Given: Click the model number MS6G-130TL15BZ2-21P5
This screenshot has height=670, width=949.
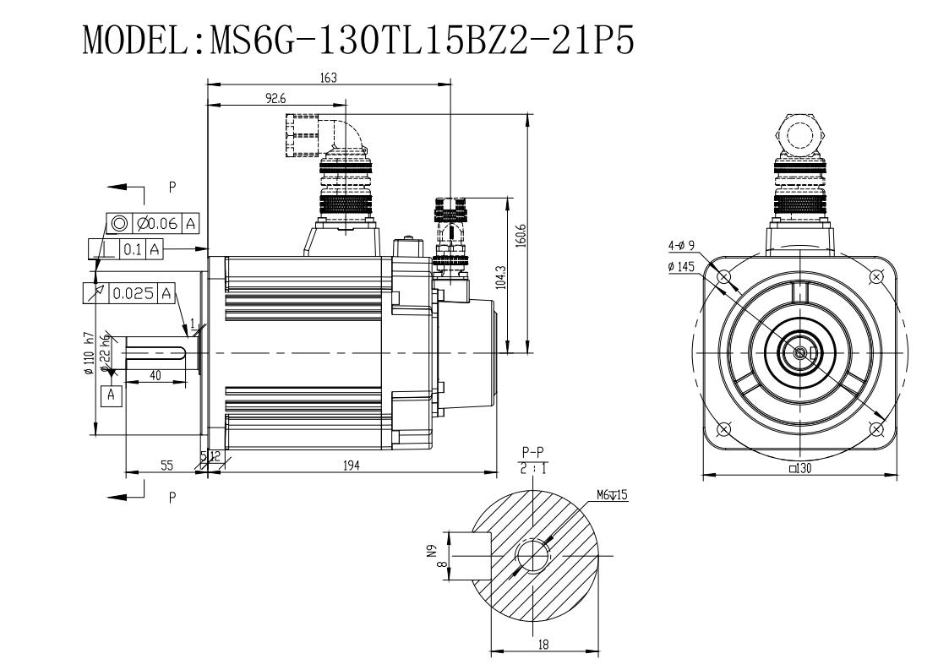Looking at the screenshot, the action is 423,40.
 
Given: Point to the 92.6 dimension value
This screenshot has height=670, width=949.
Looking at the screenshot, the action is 275,98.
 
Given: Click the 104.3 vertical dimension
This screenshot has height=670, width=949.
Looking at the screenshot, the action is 501,276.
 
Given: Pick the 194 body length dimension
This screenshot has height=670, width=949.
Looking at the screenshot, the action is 351,465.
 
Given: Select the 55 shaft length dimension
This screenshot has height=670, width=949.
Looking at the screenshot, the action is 166,465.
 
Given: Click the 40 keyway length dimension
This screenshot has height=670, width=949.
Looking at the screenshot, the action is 155,375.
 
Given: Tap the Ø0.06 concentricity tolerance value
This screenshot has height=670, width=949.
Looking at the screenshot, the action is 157,224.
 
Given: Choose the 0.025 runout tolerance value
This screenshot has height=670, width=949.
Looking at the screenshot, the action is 134,294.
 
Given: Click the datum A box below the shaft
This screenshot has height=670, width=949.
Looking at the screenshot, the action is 112,395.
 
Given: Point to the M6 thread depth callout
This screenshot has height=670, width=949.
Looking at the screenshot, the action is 612,494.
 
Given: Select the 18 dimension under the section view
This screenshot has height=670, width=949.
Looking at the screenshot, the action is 543,645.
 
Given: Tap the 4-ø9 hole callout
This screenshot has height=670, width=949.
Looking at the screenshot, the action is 681,246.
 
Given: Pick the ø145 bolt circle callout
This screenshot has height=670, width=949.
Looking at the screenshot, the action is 681,267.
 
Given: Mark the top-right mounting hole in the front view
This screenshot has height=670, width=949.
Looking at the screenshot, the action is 876,276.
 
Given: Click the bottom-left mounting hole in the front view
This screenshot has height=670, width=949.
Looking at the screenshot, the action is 723,429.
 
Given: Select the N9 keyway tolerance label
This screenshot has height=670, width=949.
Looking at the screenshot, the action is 431,551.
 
